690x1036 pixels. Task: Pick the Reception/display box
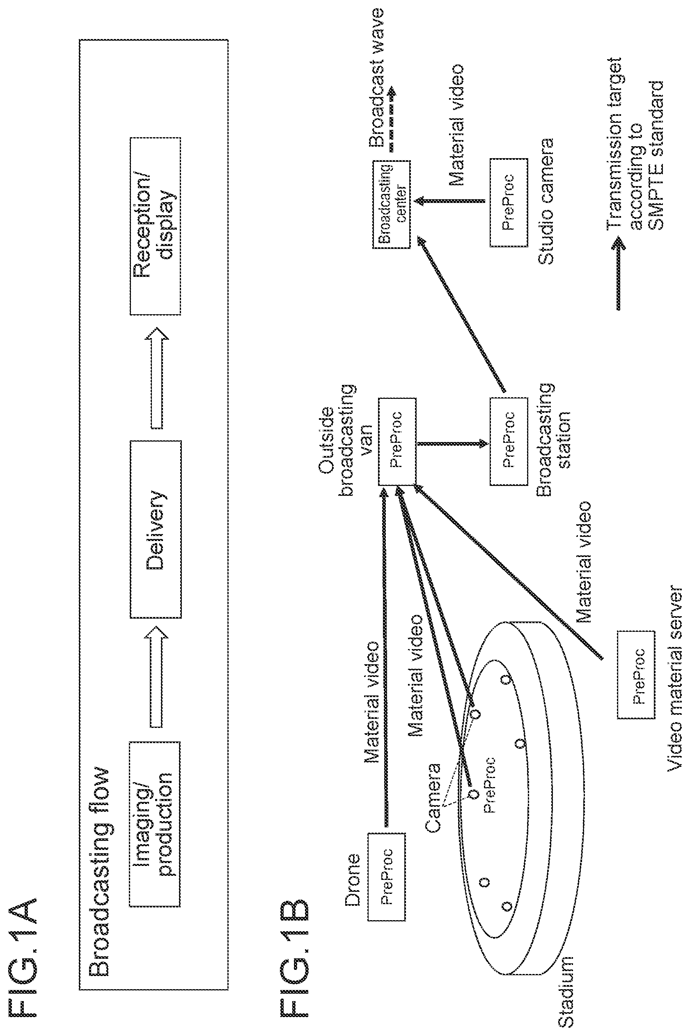(155, 226)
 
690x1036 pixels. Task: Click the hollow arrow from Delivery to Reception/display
(157, 378)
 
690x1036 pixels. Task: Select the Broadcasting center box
(391, 204)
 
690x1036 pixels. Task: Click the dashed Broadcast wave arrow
(391, 119)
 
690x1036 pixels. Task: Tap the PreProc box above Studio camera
(509, 203)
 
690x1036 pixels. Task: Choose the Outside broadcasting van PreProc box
(397, 442)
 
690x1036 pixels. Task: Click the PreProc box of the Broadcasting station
(509, 442)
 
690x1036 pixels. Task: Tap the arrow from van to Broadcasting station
(452, 443)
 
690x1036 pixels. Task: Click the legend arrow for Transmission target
(619, 273)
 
